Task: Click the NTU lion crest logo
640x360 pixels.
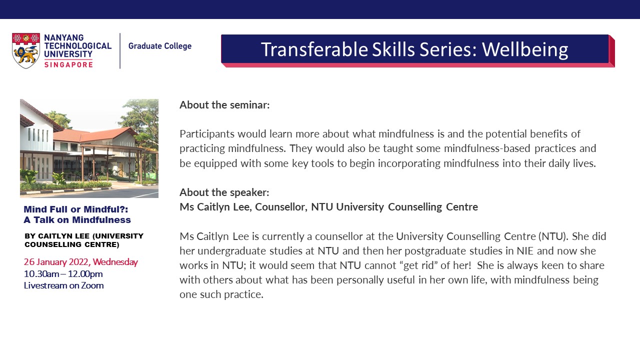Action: (x=25, y=50)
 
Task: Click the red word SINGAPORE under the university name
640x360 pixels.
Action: (x=68, y=65)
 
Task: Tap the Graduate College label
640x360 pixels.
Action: (x=160, y=46)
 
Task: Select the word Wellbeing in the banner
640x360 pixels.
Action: (x=525, y=49)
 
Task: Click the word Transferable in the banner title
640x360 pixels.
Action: (x=314, y=49)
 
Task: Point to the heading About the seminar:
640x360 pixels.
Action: (x=224, y=105)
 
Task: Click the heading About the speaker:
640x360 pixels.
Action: (x=224, y=192)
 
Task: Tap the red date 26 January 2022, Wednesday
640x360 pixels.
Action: (x=81, y=262)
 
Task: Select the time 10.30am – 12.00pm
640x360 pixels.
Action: (x=63, y=273)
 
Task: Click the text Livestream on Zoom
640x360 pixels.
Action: (x=63, y=285)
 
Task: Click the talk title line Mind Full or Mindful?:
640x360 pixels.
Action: (x=76, y=209)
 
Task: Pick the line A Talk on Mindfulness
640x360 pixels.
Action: (x=77, y=219)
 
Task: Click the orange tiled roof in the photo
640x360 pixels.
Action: (x=94, y=135)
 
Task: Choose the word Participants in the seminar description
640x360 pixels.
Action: (x=207, y=134)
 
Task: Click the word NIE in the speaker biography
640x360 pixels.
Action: (x=525, y=250)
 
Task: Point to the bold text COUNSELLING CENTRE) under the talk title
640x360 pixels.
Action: (x=72, y=244)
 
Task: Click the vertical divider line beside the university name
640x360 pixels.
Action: (x=120, y=51)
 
